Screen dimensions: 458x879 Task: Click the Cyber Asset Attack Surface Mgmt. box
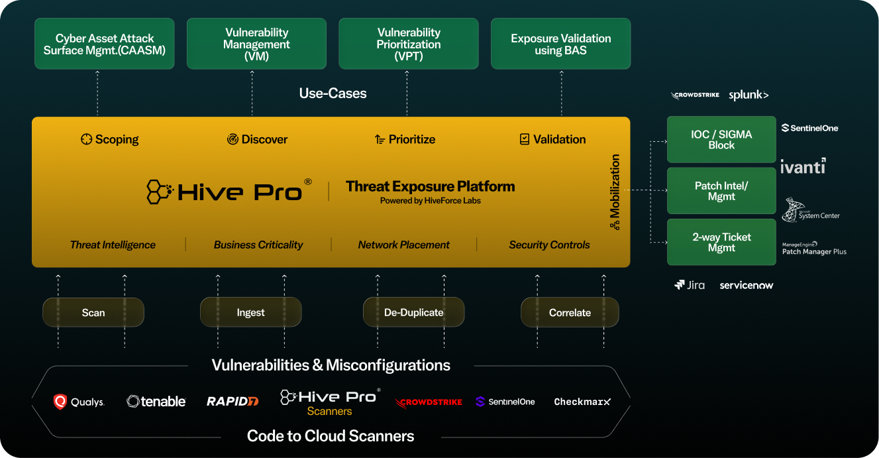(104, 44)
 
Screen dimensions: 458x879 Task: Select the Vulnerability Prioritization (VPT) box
(408, 44)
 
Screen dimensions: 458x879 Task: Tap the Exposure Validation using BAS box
(560, 44)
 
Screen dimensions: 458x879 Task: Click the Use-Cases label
(333, 93)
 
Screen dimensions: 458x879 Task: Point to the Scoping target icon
(86, 139)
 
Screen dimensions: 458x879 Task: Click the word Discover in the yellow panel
(264, 139)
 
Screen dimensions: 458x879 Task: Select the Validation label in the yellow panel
(559, 139)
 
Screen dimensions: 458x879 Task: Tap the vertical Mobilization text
(615, 187)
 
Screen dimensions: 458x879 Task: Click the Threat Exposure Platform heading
(430, 186)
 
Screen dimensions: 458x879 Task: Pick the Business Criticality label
(258, 245)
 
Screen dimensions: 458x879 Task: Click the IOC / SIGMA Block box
(721, 140)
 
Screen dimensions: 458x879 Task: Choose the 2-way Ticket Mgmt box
(721, 242)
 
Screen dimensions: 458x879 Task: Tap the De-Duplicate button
(413, 312)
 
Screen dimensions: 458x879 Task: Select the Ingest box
(250, 312)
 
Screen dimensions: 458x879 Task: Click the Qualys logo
(79, 402)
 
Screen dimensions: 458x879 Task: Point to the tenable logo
(156, 401)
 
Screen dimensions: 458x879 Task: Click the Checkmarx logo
(582, 402)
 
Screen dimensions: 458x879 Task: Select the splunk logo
(749, 95)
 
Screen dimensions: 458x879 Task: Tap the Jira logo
(690, 285)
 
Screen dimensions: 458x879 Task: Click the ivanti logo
(803, 166)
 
